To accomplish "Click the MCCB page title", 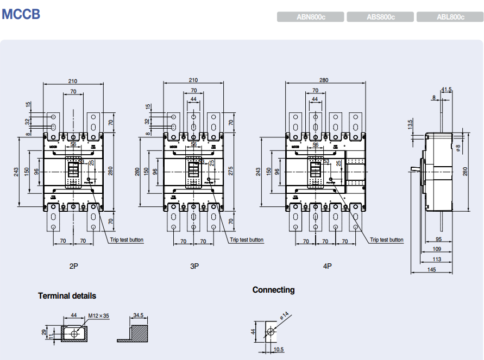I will (x=21, y=14).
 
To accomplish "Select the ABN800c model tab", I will (x=311, y=17).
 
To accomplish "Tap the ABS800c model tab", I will (x=380, y=17).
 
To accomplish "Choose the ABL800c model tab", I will (x=450, y=17).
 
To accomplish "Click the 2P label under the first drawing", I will (x=74, y=266).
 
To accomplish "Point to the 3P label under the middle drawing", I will (x=194, y=266).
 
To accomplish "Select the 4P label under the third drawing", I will (x=327, y=266).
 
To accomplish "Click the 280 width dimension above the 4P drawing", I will (x=324, y=80).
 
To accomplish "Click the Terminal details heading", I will (x=67, y=296).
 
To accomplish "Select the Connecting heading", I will (x=273, y=290).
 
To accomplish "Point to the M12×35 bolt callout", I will (x=98, y=315).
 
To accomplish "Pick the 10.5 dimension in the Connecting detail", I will (x=279, y=349).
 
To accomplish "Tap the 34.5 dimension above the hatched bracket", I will (x=138, y=314).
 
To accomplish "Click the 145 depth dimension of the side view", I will (x=431, y=269).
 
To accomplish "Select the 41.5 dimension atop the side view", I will (x=447, y=90).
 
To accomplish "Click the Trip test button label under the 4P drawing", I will (x=387, y=239).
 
